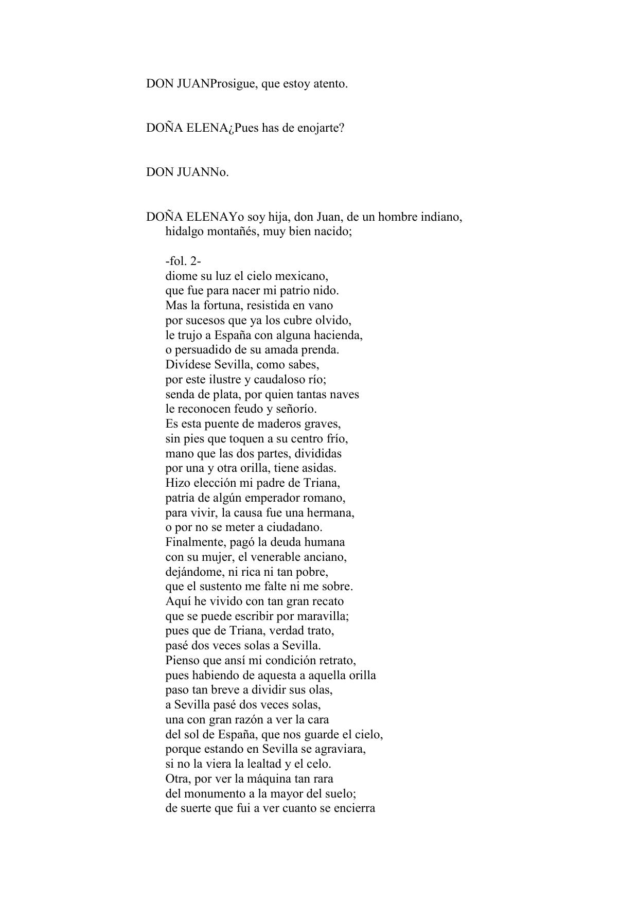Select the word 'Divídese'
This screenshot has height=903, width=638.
[x=188, y=365]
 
